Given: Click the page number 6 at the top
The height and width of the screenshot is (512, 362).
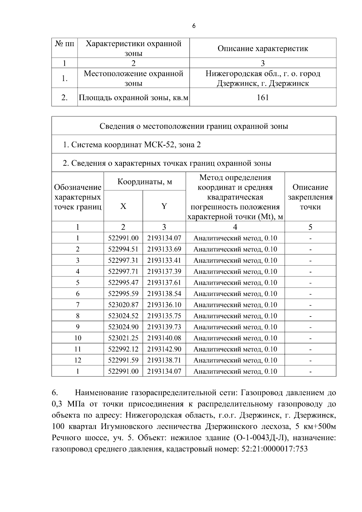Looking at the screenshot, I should pos(194,26).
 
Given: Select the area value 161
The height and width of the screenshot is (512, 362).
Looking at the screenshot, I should pos(262,97).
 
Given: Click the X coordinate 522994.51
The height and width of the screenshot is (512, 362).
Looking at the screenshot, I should pos(123,249).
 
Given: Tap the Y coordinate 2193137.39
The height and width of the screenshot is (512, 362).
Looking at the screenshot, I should pos(164,272).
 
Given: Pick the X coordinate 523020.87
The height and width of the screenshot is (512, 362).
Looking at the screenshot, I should pos(123,305).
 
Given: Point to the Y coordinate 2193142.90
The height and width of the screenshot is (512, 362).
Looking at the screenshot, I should pos(164,349).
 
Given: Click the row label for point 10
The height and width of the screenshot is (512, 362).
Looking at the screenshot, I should pos(78,338).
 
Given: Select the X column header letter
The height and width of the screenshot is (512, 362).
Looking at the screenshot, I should pos(123,206).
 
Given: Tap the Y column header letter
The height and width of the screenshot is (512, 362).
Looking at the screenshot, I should pos(164,206).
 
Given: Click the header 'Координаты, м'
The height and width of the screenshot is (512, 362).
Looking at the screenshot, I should pos(144,182).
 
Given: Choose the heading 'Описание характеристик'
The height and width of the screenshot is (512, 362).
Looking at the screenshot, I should pos(262,49).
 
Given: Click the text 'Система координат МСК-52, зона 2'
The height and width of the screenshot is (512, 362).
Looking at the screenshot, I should pos(132,145).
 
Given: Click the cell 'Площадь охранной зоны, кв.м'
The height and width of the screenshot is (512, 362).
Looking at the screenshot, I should pos(133,98).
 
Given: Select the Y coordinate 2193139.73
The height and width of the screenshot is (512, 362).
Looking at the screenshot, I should pos(164,327).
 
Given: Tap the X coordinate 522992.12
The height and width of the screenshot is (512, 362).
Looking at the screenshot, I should pos(123,349).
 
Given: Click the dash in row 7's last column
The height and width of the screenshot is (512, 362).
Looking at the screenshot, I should pos(310,305).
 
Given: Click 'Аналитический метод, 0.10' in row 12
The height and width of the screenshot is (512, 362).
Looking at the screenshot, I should pos(235,361).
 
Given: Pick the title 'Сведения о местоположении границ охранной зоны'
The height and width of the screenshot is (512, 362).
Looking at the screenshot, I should pos(194,126).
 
